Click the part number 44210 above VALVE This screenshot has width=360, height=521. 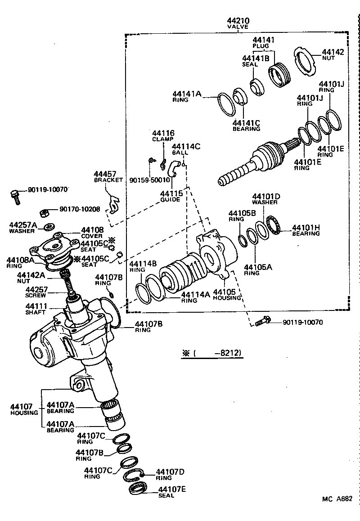pyautogui.click(x=239, y=21)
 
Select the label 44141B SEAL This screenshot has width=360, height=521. pyautogui.click(x=255, y=61)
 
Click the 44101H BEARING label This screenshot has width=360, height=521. pyautogui.click(x=306, y=230)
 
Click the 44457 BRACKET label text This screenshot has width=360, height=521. pyautogui.click(x=108, y=177)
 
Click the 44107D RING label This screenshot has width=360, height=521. pyautogui.click(x=170, y=475)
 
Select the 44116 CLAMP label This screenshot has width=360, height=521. pyautogui.click(x=163, y=136)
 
